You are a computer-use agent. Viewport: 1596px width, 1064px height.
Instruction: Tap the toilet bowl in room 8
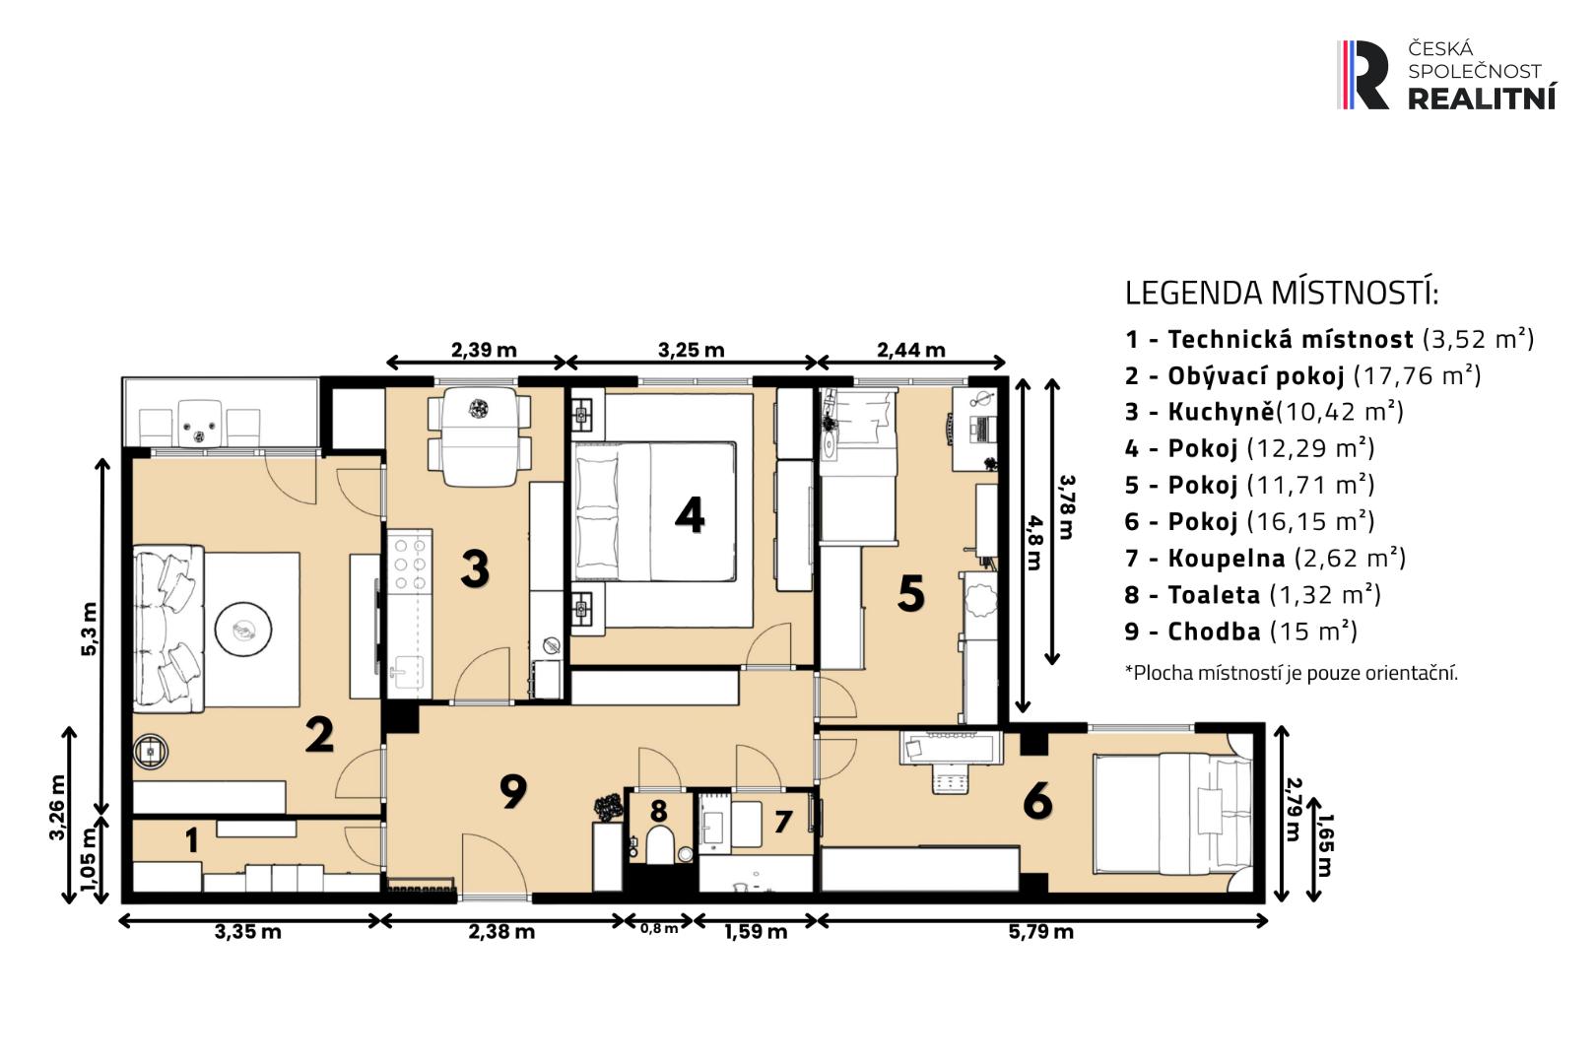[659, 845]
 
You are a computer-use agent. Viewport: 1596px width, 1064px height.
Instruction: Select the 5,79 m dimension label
[1040, 932]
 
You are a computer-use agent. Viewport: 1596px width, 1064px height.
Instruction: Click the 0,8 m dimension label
[659, 929]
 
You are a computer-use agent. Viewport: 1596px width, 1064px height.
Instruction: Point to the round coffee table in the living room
[243, 629]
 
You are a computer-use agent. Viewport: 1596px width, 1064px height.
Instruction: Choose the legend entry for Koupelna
[1265, 558]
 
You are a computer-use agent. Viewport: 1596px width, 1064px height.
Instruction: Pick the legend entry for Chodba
[1240, 632]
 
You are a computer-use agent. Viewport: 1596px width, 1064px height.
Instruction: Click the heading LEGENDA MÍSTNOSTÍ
[1281, 293]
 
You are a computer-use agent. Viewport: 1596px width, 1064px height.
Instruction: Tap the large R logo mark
[1364, 75]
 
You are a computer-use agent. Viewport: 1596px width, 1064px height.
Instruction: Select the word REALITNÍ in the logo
[1482, 98]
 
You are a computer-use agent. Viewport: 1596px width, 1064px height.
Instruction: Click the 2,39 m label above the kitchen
[484, 350]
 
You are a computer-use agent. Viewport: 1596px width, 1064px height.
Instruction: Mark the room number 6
[1037, 800]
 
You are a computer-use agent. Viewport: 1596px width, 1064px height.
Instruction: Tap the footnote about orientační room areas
[1291, 673]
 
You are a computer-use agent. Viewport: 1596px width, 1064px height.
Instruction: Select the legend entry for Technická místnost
[1330, 339]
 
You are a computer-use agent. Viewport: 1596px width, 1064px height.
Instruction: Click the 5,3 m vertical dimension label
[89, 629]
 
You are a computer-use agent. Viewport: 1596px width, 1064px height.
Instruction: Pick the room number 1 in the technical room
[191, 841]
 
